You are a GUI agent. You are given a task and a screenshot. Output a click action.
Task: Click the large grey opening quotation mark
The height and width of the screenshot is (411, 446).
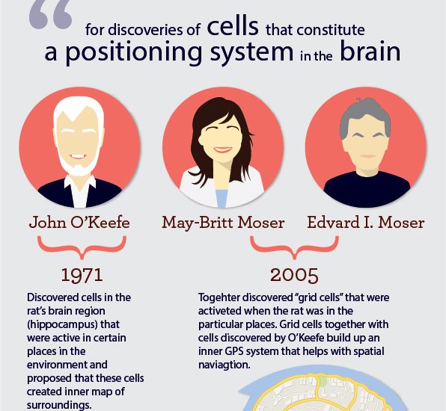pyautogui.click(x=51, y=13)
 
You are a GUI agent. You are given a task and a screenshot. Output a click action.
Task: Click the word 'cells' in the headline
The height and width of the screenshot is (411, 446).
pyautogui.click(x=233, y=26)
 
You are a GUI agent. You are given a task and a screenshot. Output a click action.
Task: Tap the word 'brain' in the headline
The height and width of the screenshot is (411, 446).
pyautogui.click(x=370, y=51)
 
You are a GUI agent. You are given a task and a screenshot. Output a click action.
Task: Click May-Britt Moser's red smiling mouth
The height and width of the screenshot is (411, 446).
pyautogui.click(x=222, y=149)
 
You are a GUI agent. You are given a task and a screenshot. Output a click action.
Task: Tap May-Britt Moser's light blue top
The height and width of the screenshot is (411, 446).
pyautogui.click(x=222, y=199)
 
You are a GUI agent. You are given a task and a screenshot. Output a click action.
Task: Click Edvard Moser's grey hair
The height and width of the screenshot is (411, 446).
pyautogui.click(x=365, y=114)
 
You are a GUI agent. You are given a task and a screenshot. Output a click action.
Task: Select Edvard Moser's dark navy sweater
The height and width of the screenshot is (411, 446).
pyautogui.click(x=367, y=188)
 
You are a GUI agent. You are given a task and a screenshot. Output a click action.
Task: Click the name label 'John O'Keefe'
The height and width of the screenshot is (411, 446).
pyautogui.click(x=79, y=223)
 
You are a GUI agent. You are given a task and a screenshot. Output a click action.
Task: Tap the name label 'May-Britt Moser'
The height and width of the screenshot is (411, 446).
pyautogui.click(x=223, y=223)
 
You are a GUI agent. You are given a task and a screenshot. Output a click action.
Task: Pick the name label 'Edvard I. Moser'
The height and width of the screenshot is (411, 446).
pyautogui.click(x=366, y=223)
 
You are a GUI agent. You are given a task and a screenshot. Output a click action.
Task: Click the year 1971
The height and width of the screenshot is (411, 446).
pyautogui.click(x=82, y=275)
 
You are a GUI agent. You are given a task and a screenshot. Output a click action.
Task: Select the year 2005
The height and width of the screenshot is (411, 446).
pyautogui.click(x=294, y=275)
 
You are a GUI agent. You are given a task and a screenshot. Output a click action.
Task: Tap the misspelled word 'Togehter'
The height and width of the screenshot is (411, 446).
pyautogui.click(x=219, y=297)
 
